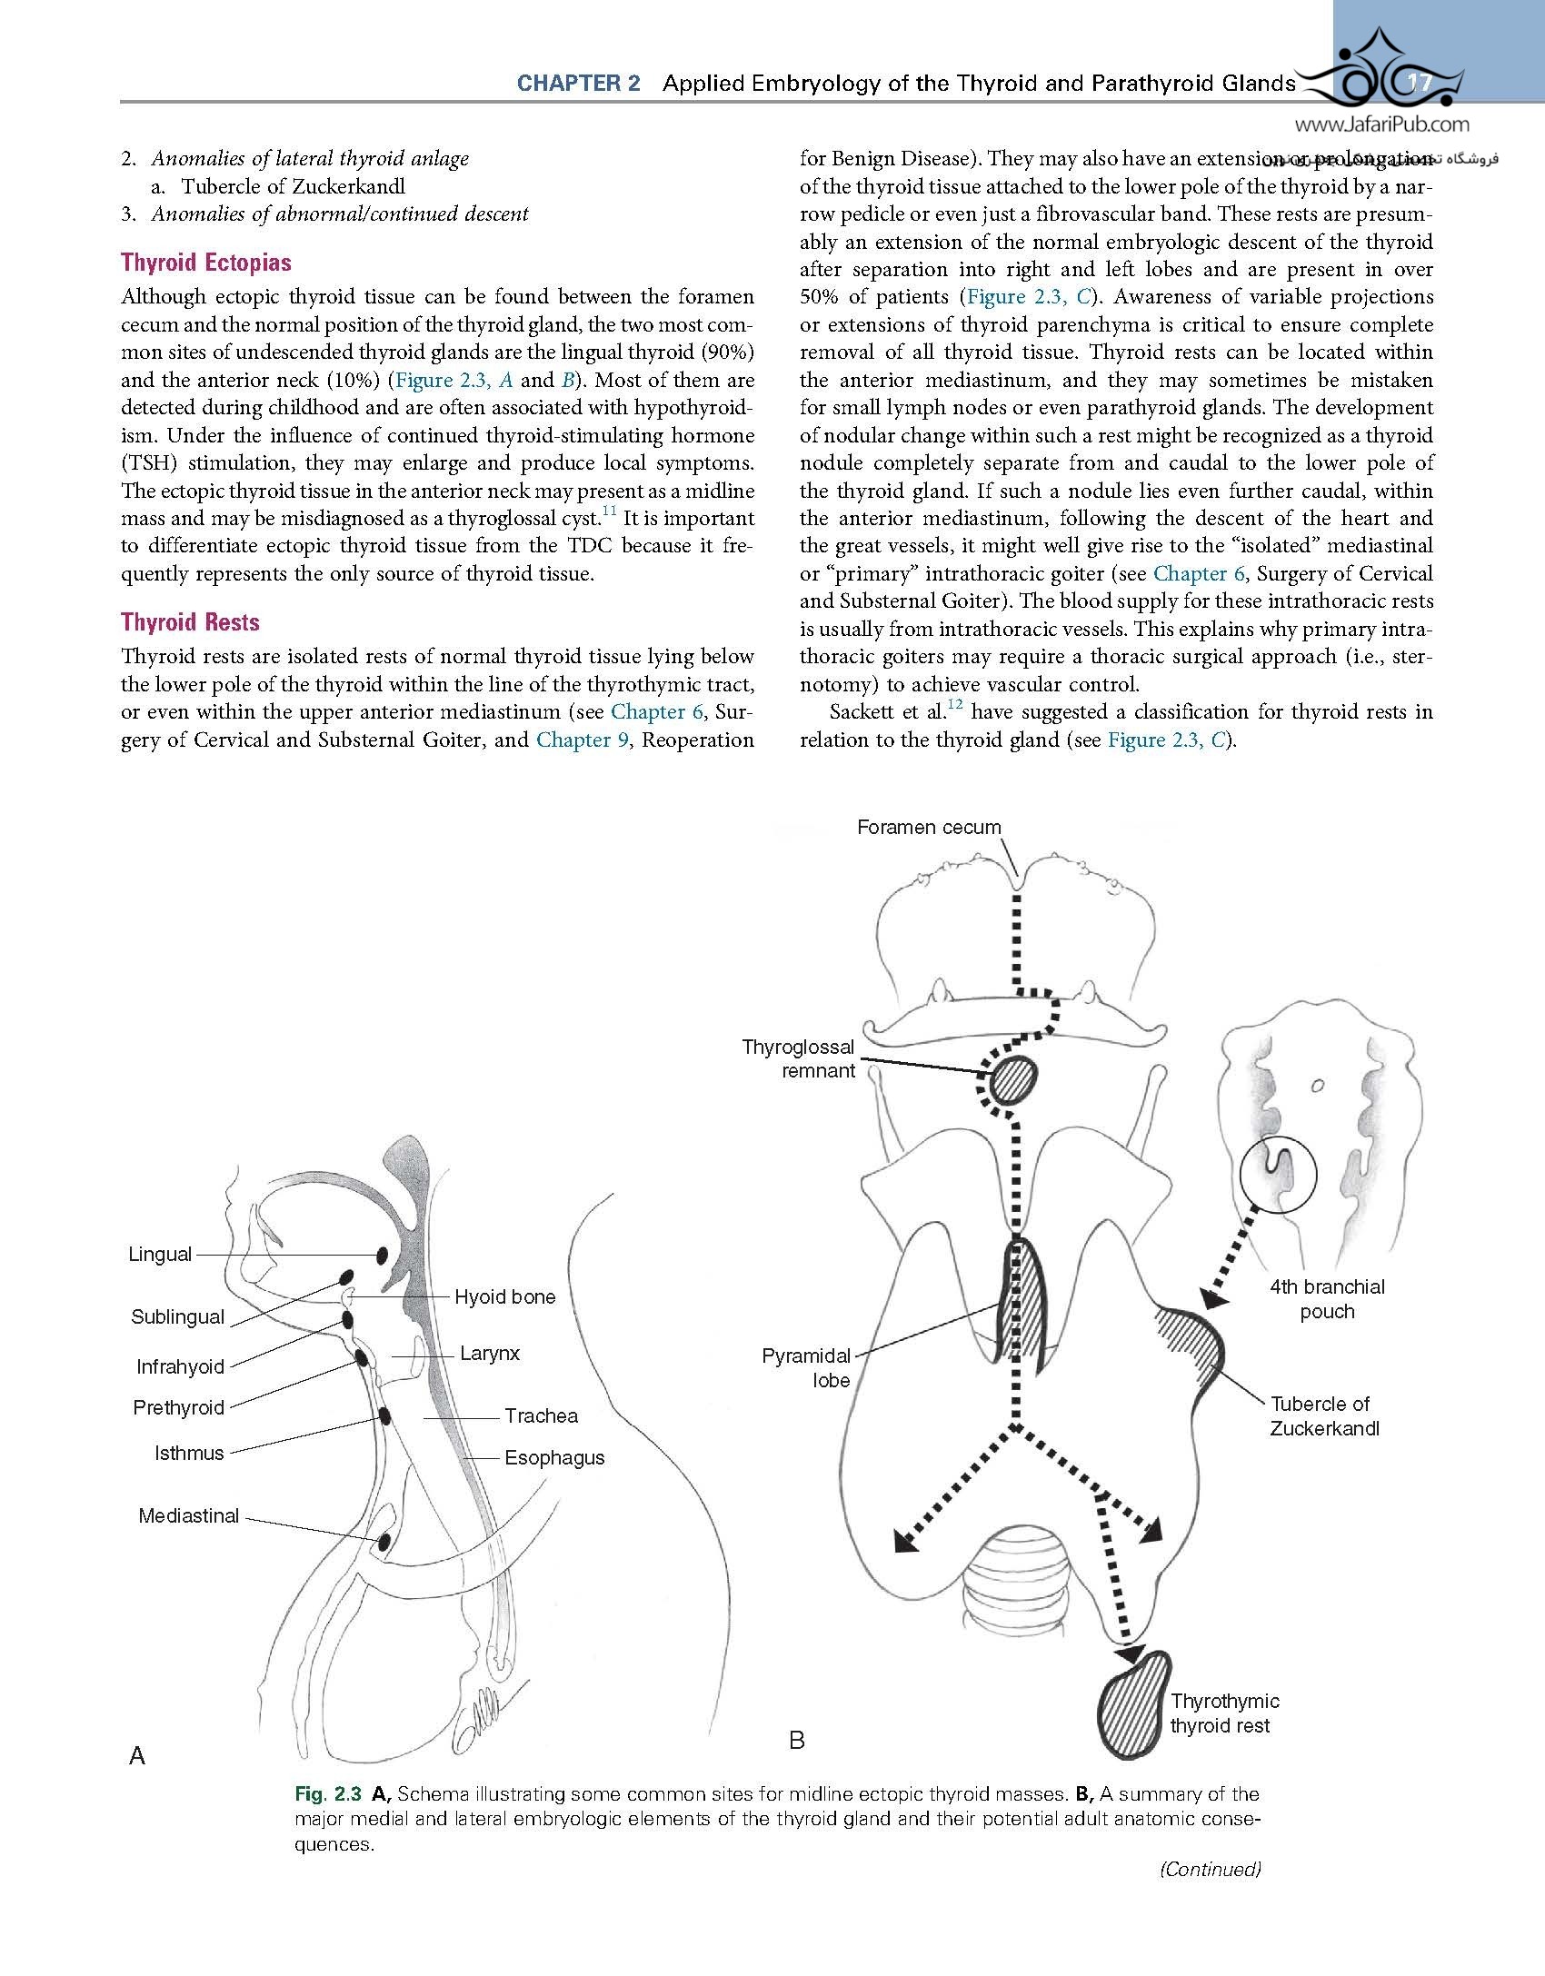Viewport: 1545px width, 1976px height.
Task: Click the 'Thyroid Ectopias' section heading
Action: (206, 263)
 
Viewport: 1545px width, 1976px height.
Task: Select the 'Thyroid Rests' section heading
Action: (190, 622)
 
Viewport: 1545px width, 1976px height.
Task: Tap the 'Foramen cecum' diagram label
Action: (929, 828)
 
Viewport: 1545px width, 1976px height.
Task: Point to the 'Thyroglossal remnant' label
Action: (799, 1058)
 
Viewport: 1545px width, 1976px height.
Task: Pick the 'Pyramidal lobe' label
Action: (806, 1368)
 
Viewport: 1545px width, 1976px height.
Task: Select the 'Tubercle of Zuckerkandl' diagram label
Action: (1324, 1416)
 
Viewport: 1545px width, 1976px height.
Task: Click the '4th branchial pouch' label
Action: (1327, 1299)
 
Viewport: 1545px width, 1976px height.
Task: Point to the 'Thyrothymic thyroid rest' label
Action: (1223, 1713)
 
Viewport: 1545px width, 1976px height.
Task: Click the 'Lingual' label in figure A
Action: (160, 1255)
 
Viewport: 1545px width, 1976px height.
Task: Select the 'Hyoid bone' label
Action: (505, 1297)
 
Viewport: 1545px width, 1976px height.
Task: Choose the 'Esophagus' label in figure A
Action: (554, 1458)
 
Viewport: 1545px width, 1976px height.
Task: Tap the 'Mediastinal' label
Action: (189, 1515)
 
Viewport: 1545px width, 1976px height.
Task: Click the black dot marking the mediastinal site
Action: (384, 1542)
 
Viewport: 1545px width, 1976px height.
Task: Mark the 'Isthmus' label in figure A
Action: (189, 1454)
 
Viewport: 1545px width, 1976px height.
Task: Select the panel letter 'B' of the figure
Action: (797, 1741)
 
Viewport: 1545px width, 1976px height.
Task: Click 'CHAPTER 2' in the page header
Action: (579, 84)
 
